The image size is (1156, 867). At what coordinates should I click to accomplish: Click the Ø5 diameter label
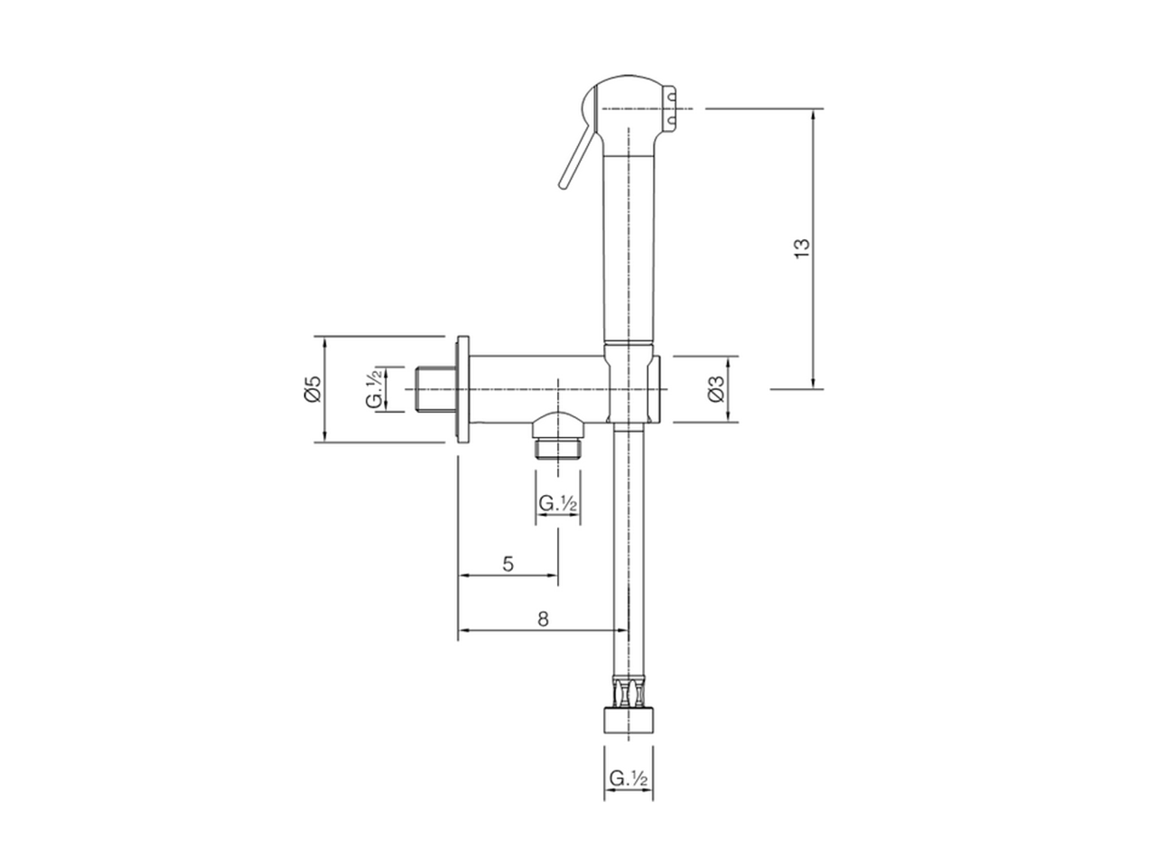(x=312, y=389)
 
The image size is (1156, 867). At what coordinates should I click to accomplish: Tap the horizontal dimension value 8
(x=542, y=619)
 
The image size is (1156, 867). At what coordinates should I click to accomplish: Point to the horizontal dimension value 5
(x=508, y=564)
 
